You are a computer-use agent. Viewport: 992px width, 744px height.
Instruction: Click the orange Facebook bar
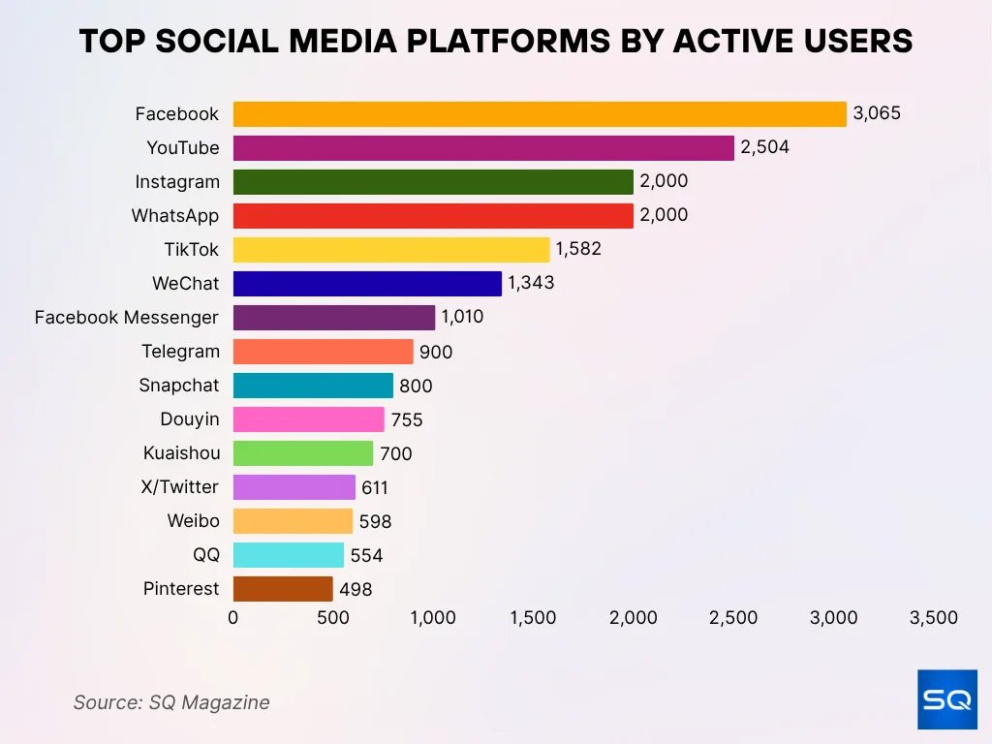tap(540, 114)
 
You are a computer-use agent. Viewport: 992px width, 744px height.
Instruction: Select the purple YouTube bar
tap(483, 148)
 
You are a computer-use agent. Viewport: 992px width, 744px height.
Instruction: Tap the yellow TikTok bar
tap(391, 250)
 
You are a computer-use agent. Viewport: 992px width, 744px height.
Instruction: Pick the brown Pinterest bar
tap(283, 589)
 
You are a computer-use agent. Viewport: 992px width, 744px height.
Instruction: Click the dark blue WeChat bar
tap(367, 284)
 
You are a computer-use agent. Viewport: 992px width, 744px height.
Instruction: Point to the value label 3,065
tap(877, 113)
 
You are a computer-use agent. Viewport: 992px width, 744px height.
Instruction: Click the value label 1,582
tap(578, 249)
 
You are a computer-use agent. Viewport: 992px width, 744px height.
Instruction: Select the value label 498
tap(356, 589)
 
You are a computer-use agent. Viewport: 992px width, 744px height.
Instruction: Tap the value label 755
tap(407, 419)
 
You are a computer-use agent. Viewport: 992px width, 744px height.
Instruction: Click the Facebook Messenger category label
tap(126, 318)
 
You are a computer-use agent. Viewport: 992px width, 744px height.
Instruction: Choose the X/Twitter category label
tap(179, 487)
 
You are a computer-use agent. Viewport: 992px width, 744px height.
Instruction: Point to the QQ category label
tap(205, 555)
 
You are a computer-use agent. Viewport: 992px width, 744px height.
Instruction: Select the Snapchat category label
tap(179, 386)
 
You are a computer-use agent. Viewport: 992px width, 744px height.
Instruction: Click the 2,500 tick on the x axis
tap(733, 618)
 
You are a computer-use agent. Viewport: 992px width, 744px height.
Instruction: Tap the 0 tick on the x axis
tap(232, 618)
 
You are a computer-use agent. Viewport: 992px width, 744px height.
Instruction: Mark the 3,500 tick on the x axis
tap(934, 618)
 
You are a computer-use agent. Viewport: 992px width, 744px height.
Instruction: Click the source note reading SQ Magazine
tap(171, 702)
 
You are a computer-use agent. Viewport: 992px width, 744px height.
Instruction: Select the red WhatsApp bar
tap(433, 216)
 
